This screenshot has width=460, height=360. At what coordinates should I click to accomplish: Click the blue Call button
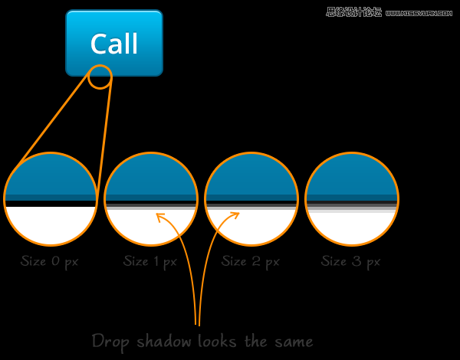(x=114, y=43)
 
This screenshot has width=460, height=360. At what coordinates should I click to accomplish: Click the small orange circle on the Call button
(x=100, y=77)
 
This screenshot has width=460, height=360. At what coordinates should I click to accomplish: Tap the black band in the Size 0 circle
(x=51, y=204)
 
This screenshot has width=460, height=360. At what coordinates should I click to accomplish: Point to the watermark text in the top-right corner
(x=390, y=11)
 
